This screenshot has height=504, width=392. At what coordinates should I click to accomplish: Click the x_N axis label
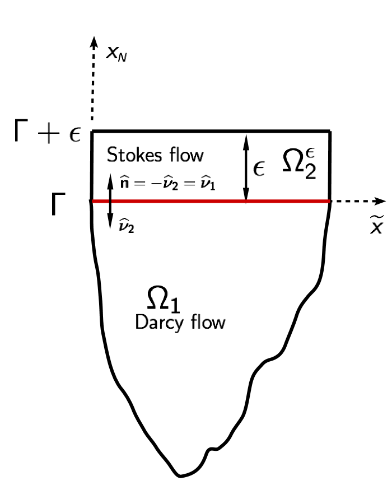tap(116, 54)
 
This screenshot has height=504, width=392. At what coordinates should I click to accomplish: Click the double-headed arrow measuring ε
tap(245, 166)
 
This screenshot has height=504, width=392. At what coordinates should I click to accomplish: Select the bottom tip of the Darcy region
tap(180, 475)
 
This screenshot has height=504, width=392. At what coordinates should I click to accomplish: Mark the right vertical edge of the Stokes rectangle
tap(329, 166)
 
